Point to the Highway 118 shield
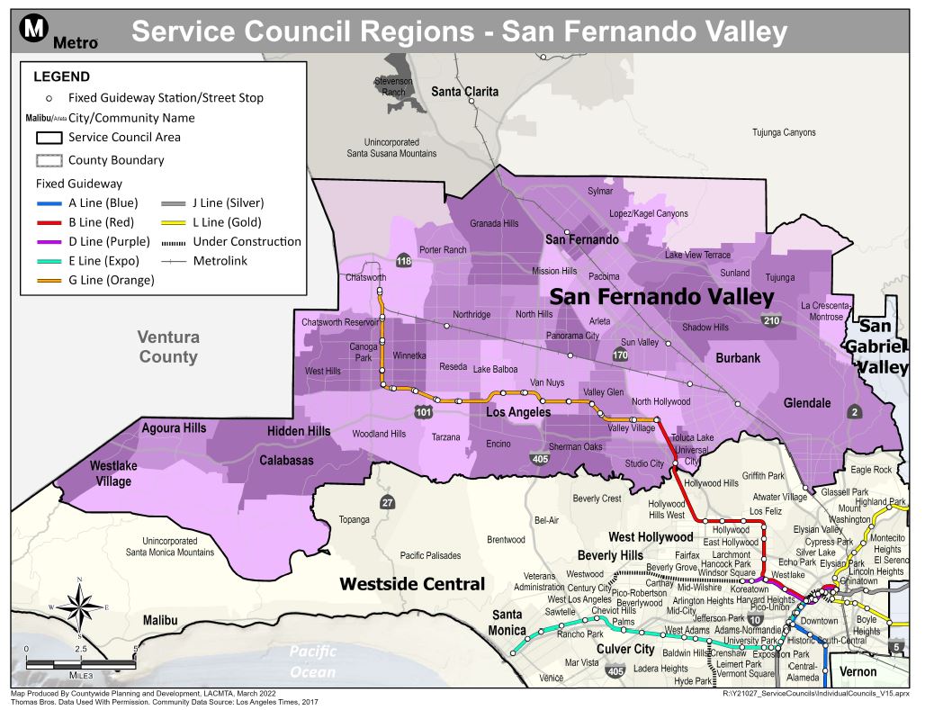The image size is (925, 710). pos(403,262)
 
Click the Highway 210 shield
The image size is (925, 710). pos(771,320)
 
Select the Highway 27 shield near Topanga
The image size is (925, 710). pos(387,502)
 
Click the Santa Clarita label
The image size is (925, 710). pos(464,92)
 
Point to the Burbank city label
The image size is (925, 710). pos(738,358)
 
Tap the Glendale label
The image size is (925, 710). pos(807,403)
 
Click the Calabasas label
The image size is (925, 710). pos(287,461)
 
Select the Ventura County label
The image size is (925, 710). pos(168,346)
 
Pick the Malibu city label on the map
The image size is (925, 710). pos(166,621)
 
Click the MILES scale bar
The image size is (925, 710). pos(82,663)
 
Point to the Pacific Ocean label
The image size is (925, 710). pos(312,661)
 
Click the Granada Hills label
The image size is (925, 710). pos(494,224)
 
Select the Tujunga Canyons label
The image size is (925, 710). pos(784,133)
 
